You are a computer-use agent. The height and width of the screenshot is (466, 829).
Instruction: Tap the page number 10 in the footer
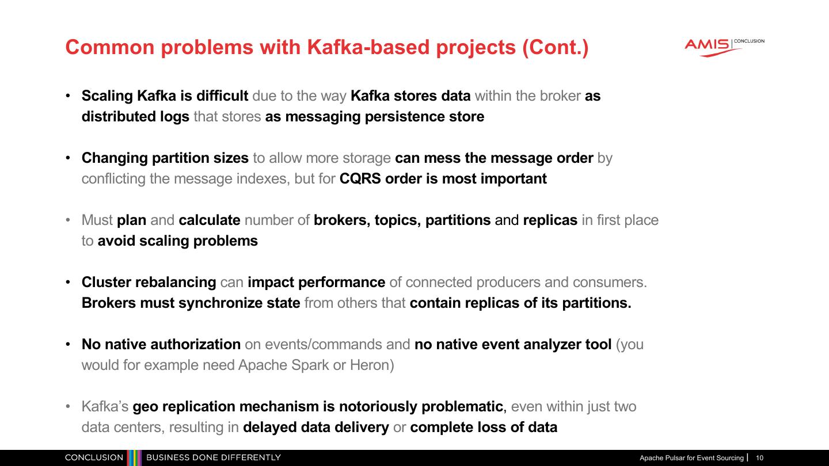(760, 458)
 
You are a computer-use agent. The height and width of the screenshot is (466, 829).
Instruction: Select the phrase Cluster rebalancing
(149, 282)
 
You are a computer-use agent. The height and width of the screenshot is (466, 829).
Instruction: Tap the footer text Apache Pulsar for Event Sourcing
(691, 458)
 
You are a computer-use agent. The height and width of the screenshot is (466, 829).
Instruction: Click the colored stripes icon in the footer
(134, 458)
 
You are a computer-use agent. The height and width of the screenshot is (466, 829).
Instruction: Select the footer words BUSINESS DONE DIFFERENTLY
(214, 458)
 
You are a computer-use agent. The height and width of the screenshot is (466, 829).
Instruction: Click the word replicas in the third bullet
(550, 220)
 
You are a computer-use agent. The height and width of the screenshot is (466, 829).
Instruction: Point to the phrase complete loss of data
(484, 427)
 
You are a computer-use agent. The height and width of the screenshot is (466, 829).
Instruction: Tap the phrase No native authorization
(161, 345)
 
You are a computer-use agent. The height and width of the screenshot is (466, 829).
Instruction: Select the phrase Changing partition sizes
(165, 158)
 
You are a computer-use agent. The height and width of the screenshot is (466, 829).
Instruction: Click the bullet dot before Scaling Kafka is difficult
(68, 96)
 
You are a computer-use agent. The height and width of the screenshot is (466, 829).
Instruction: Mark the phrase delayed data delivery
(316, 427)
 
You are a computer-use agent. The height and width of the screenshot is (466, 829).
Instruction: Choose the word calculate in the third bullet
(210, 220)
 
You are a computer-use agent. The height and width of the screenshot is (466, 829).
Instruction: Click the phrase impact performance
(316, 282)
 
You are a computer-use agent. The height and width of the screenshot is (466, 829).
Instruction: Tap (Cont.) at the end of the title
(555, 47)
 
